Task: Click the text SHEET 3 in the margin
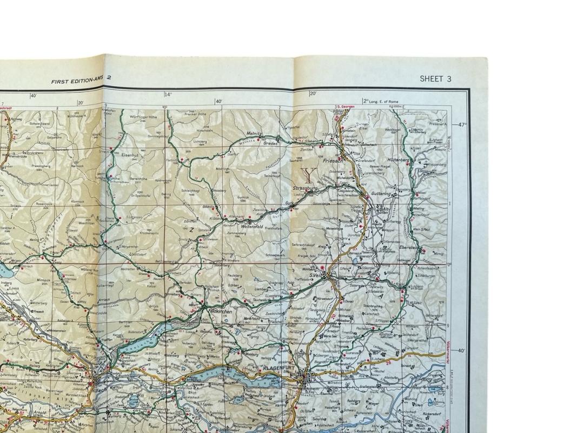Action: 435,79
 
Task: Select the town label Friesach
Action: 333,161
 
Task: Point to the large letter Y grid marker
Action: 309,174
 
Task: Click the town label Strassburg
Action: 304,188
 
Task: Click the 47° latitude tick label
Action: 461,124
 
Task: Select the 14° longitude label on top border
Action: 168,95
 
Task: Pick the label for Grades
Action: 270,144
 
